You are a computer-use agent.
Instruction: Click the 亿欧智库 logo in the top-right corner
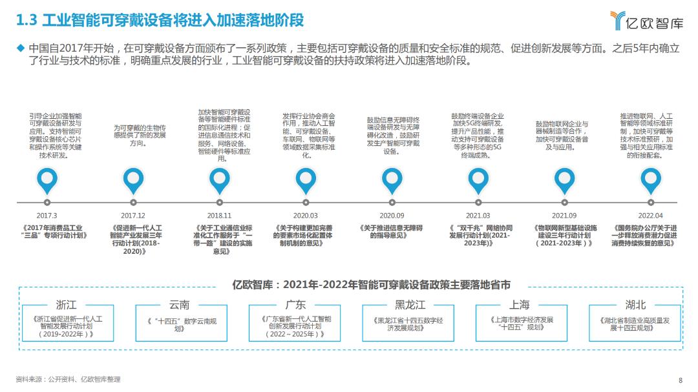pyautogui.click(x=647, y=21)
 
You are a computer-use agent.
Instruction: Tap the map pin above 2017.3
pyautogui.click(x=47, y=181)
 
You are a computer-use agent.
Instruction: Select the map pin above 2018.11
pyautogui.click(x=220, y=181)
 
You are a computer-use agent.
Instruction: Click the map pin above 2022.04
pyautogui.click(x=651, y=181)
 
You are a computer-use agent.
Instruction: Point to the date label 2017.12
pyautogui.click(x=133, y=216)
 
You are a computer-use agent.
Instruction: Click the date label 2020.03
pyautogui.click(x=305, y=216)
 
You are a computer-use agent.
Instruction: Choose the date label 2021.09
pyautogui.click(x=564, y=216)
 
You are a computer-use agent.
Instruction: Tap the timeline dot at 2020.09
pyautogui.click(x=392, y=202)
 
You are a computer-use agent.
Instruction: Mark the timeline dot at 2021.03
pyautogui.click(x=478, y=202)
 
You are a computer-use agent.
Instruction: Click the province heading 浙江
pyautogui.click(x=67, y=305)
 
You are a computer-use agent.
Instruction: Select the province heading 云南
pyautogui.click(x=180, y=305)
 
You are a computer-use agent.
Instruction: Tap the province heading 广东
pyautogui.click(x=295, y=305)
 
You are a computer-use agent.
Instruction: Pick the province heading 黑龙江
pyautogui.click(x=410, y=305)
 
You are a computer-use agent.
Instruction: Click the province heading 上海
pyautogui.click(x=520, y=305)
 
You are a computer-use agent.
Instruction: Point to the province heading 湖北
pyautogui.click(x=635, y=305)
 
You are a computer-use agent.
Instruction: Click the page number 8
pyautogui.click(x=681, y=380)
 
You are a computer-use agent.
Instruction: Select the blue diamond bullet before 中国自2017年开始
pyautogui.click(x=21, y=48)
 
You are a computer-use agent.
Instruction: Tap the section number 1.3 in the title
pyautogui.click(x=26, y=21)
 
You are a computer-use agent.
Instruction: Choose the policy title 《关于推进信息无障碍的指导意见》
pyautogui.click(x=391, y=231)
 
